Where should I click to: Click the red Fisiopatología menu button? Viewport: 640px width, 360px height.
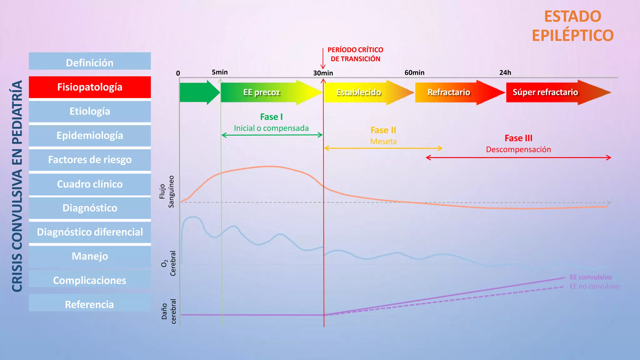coord(90,87)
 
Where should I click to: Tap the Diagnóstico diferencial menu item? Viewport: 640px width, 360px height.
coord(90,232)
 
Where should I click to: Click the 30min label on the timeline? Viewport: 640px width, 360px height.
coord(323,73)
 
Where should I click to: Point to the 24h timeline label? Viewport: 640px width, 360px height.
coord(505,72)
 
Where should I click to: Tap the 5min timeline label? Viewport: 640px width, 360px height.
coord(220,72)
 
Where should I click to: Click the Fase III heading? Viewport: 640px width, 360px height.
coord(518,138)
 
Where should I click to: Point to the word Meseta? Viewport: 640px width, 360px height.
coord(383,142)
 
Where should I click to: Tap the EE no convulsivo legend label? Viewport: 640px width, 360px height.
coord(595,286)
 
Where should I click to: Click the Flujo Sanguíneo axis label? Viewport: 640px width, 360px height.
coord(167,191)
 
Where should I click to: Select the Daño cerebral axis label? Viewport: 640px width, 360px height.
coord(169,311)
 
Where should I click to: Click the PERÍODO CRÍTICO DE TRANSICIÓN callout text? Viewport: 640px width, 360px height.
coord(355,54)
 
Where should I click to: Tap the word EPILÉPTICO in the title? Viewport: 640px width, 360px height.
coord(573,35)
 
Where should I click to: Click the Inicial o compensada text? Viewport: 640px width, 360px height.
coord(271,128)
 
